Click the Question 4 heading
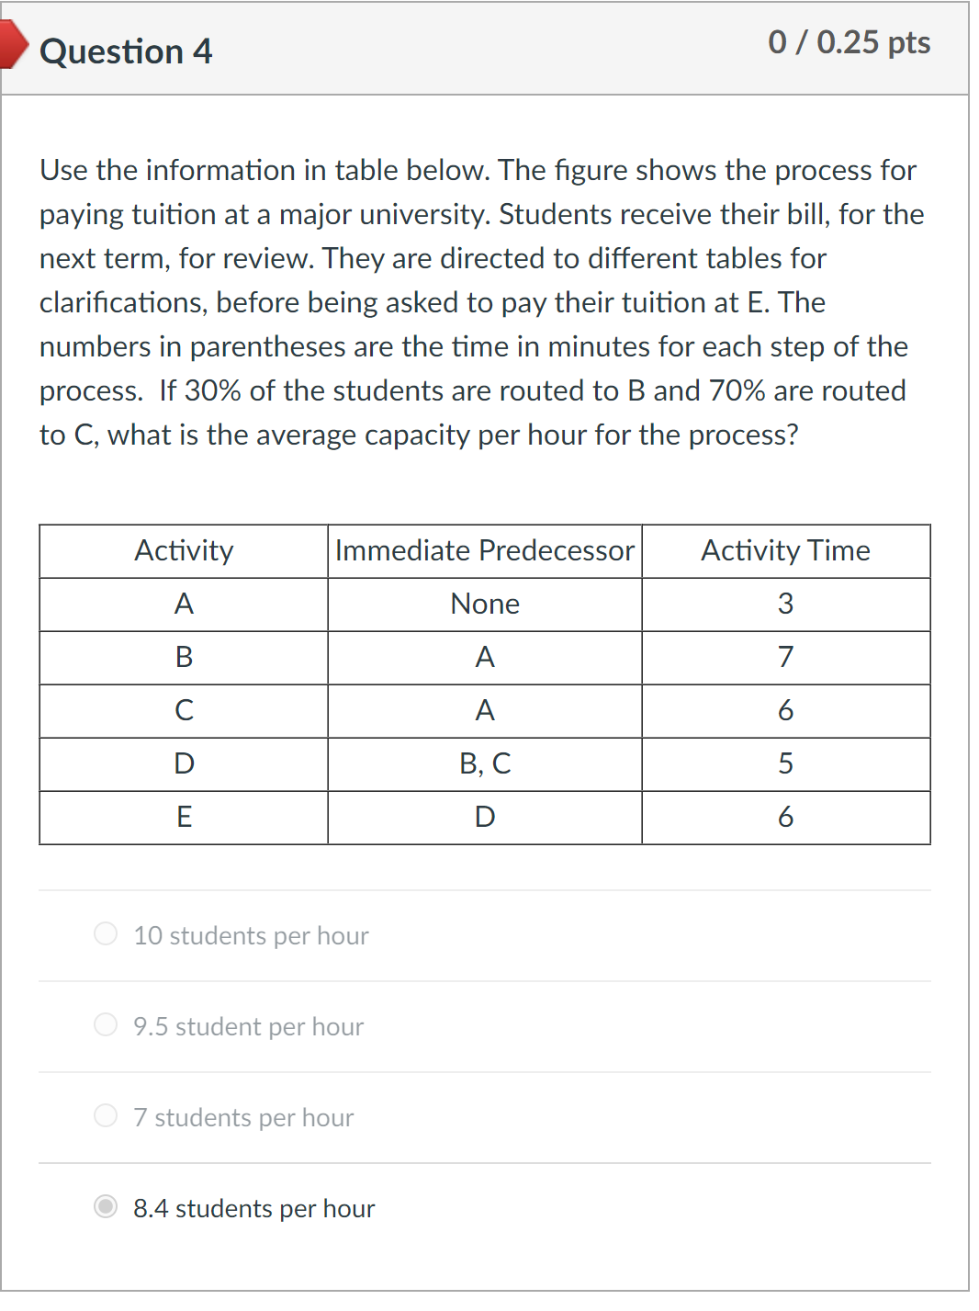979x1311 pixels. click(126, 51)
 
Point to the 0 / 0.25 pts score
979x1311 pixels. click(849, 42)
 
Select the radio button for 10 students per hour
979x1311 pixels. click(106, 933)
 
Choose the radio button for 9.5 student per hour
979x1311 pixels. click(106, 1024)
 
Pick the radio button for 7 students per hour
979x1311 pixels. click(106, 1115)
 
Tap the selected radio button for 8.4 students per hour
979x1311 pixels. click(106, 1206)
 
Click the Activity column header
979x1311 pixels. click(184, 550)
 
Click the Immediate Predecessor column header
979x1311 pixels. click(484, 550)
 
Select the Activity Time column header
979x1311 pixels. click(785, 550)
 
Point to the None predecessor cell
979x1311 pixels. click(485, 604)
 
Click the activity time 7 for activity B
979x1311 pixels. click(785, 657)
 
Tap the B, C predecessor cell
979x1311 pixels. click(485, 763)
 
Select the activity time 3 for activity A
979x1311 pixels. click(785, 604)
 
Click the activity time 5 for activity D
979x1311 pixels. click(785, 763)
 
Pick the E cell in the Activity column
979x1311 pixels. click(184, 817)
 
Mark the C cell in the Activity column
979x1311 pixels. click(184, 710)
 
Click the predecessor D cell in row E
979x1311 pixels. click(485, 817)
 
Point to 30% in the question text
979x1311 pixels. click(212, 390)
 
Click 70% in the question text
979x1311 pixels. click(737, 390)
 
